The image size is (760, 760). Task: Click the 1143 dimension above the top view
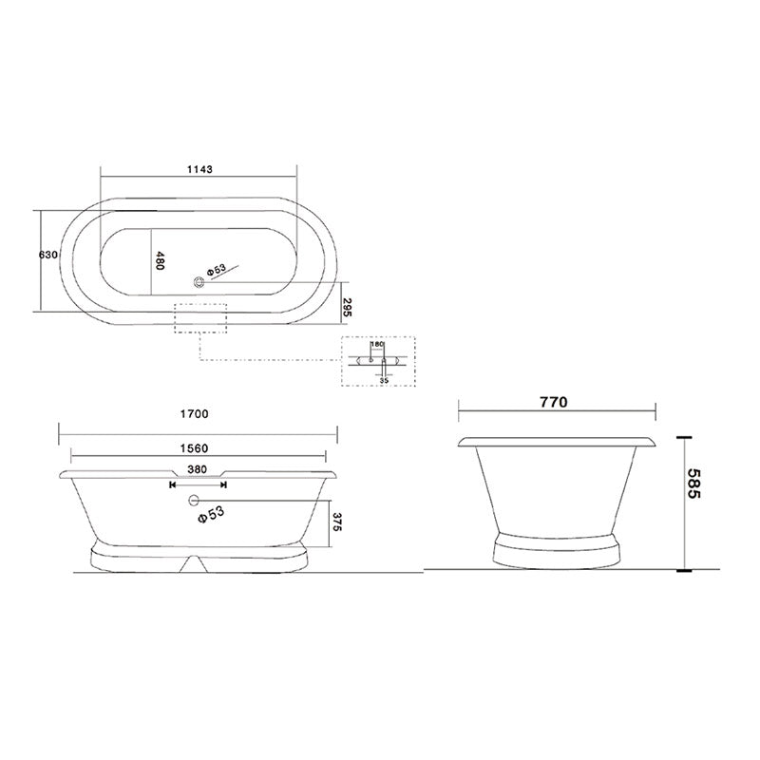click(199, 169)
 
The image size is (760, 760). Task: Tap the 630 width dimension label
click(49, 256)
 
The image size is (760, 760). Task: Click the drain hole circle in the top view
click(199, 280)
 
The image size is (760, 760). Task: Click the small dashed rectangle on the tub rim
click(200, 317)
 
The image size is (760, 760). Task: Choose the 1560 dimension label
click(193, 448)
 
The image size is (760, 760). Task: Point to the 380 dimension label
click(197, 468)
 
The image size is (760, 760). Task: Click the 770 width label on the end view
click(553, 402)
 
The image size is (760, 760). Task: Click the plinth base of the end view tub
click(557, 550)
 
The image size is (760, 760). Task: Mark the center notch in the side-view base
click(198, 562)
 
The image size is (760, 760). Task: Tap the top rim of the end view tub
click(557, 442)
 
